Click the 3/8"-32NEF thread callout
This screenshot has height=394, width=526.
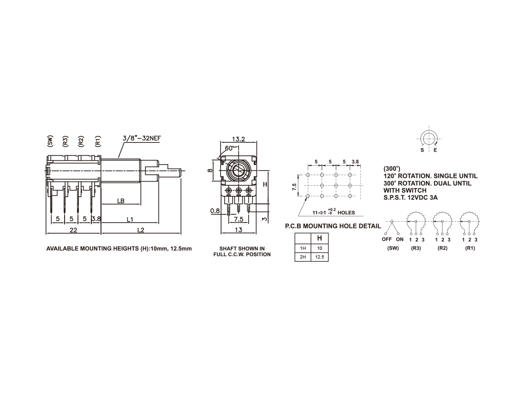click(142, 138)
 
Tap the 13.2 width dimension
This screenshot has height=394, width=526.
click(239, 139)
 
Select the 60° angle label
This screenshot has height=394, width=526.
click(229, 148)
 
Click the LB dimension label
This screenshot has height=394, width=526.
click(121, 201)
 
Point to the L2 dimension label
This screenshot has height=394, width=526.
click(141, 230)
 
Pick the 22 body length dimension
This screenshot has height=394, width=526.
click(73, 230)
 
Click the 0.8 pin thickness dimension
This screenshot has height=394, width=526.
click(215, 211)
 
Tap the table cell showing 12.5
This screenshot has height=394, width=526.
click(320, 257)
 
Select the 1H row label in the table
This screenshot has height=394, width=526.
click(303, 248)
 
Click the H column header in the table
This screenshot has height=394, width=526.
click(320, 238)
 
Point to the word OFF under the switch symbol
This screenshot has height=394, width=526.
click(387, 239)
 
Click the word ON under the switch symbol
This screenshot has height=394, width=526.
click(400, 239)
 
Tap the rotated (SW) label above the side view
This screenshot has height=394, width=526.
click(50, 141)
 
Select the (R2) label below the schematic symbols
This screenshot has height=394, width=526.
click(443, 248)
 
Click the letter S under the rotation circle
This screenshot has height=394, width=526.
click(422, 150)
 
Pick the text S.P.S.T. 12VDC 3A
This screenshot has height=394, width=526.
click(411, 197)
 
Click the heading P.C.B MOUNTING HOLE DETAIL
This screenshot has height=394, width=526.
click(333, 226)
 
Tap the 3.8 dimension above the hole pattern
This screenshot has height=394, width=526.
click(355, 162)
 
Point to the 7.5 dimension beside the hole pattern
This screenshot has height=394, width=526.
click(294, 187)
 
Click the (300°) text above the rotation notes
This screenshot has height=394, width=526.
click(392, 169)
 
